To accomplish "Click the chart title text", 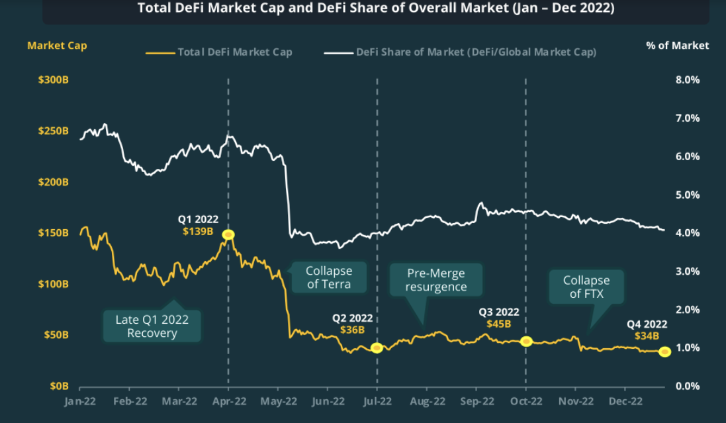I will (x=375, y=9).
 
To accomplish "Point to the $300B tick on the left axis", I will (x=53, y=80).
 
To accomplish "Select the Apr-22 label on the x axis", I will (x=228, y=401).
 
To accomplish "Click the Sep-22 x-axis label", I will (x=477, y=401).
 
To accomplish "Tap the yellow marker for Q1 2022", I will (x=228, y=234).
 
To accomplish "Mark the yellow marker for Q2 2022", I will (x=377, y=348).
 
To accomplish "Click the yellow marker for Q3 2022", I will (x=526, y=342).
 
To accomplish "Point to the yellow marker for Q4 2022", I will (x=664, y=352).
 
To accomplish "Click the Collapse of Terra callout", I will (x=328, y=278).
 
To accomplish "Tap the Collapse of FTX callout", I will (x=586, y=287).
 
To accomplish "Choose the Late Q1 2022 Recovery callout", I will (x=152, y=326).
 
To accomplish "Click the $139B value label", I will (x=198, y=232).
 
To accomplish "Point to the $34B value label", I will (x=647, y=336).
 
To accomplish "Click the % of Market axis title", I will (x=677, y=46).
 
